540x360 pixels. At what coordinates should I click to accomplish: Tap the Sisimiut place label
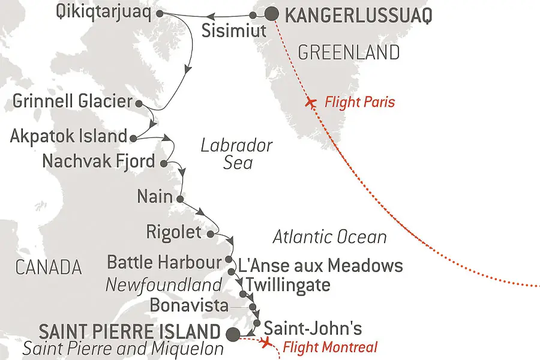point(233,31)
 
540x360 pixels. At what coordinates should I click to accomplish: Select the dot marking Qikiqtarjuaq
point(159,13)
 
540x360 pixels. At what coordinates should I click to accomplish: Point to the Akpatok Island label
point(68,136)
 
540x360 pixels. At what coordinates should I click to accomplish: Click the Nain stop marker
point(179,197)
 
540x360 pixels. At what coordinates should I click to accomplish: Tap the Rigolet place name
point(173,232)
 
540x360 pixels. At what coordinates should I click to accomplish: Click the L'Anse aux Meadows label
point(320,265)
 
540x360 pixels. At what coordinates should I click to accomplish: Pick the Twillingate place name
point(288,284)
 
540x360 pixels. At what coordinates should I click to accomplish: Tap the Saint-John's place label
point(313,328)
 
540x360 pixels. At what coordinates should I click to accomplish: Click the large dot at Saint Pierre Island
point(233,333)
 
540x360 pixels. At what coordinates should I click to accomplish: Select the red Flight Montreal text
point(330,347)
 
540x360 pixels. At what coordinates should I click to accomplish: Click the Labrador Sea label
point(237,154)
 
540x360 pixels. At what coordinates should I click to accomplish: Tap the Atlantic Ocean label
point(329,237)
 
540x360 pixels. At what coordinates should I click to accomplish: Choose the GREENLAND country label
point(349,52)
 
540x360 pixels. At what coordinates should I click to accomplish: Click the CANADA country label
point(48,267)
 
